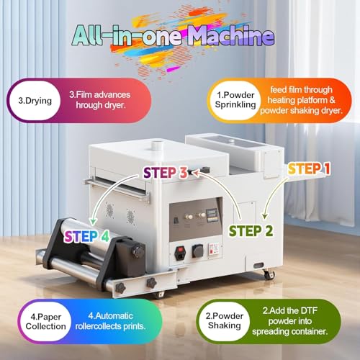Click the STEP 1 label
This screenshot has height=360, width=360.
(309, 168)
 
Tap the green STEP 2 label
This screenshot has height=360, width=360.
(251, 231)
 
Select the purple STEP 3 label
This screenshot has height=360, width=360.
(165, 173)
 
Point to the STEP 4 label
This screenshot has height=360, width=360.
(86, 236)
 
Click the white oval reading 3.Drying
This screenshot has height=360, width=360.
(35, 101)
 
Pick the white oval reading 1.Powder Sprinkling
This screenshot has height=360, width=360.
(235, 100)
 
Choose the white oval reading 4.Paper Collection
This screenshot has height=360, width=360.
(45, 322)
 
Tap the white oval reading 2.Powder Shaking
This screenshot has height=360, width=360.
(225, 321)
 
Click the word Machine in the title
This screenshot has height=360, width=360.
(231, 36)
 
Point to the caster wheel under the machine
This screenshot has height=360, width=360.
(269, 274)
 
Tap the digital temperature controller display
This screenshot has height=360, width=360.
(212, 213)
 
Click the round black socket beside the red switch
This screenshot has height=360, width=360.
(198, 251)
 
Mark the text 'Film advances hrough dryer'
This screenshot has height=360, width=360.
(100, 100)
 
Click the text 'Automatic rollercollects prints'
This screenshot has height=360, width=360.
(110, 321)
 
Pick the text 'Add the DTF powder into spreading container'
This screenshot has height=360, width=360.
(290, 321)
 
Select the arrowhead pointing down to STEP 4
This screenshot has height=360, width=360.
(93, 222)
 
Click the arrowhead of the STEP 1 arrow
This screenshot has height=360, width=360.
(264, 215)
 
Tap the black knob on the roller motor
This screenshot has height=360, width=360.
(139, 251)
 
